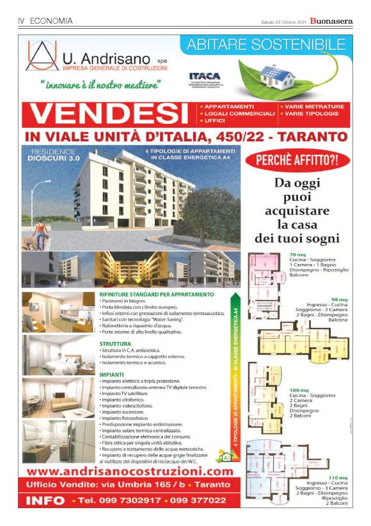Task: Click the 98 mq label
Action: (338, 299)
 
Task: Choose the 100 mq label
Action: (299, 390)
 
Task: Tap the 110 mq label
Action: (337, 477)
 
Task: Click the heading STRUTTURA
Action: (115, 343)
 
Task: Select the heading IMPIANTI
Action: (111, 374)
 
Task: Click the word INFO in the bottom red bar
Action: (46, 499)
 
